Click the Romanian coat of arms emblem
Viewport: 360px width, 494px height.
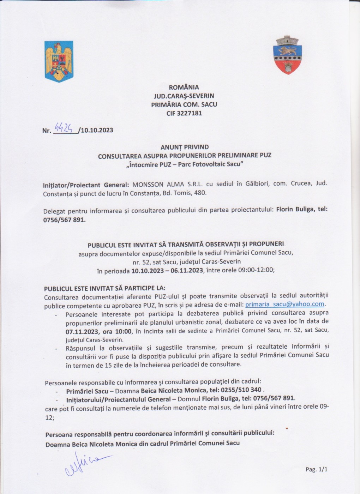(59, 61)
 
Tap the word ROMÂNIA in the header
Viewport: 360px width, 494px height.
(184, 87)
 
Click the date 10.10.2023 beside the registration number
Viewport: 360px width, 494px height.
(97, 130)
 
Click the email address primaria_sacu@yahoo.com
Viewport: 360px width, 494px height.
(284, 304)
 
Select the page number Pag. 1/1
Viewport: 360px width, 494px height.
(317, 469)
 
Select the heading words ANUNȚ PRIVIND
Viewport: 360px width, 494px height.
(185, 147)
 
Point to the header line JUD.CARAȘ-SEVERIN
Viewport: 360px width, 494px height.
(184, 96)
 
